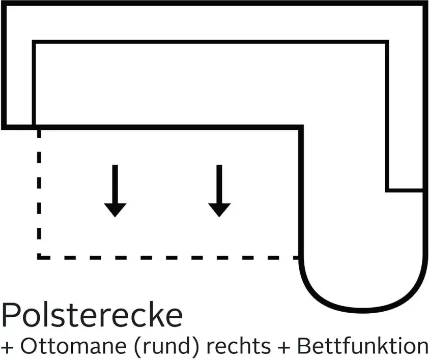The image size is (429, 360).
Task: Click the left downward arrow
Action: (115, 191)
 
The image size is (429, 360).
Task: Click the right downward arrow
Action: (219, 191)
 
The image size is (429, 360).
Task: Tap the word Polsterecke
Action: (92, 315)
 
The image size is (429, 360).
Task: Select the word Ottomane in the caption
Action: (73, 346)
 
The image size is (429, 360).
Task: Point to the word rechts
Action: (238, 346)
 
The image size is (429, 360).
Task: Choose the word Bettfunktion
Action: (363, 346)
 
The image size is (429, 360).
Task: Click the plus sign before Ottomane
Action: (8, 347)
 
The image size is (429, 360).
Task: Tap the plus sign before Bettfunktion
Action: (284, 347)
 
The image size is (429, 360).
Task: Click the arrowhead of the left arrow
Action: (115, 210)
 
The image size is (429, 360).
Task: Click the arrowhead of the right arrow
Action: (219, 210)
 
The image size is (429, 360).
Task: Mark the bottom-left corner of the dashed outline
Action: (39, 257)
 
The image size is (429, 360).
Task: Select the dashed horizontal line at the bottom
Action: (169, 257)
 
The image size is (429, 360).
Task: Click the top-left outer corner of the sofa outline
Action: (3, 3)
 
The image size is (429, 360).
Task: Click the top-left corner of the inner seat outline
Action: (34, 42)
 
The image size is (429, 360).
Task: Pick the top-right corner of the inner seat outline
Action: (387, 42)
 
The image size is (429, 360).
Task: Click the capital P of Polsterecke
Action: (11, 315)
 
